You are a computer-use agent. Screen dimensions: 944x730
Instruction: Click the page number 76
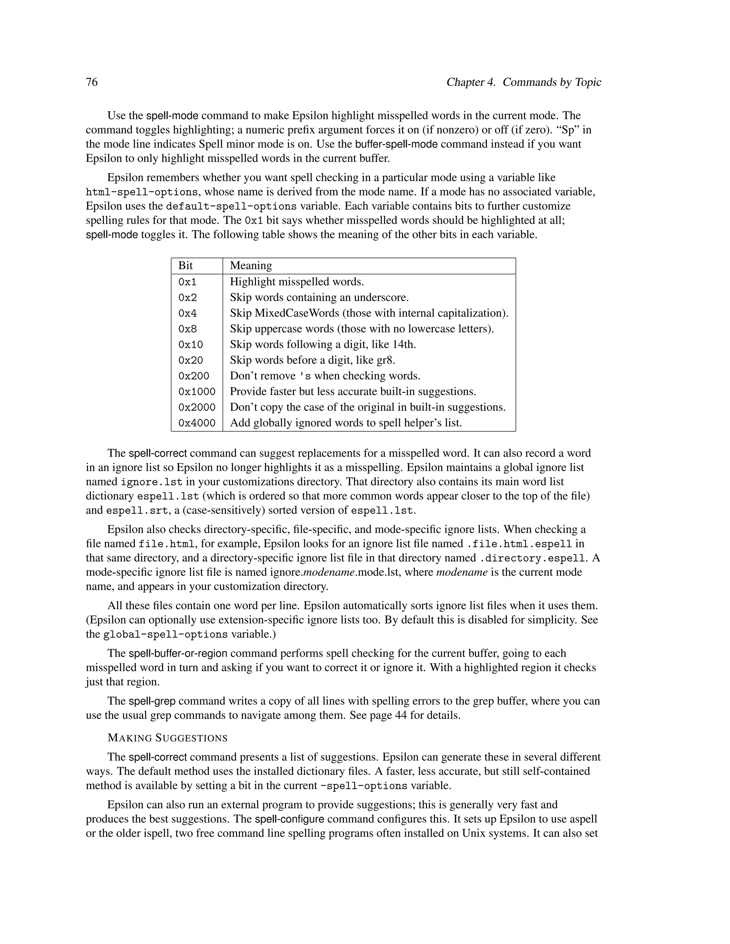(x=92, y=82)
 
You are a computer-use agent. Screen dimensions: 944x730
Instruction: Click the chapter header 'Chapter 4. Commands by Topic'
(x=524, y=82)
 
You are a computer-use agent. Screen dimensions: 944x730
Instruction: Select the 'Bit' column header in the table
(x=185, y=265)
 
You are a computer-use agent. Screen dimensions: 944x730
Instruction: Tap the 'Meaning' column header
(x=251, y=265)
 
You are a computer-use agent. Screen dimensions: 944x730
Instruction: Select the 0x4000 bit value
(x=197, y=423)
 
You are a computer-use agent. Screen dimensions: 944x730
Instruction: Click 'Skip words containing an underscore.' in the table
(x=319, y=297)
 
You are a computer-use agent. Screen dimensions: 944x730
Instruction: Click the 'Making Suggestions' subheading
(x=168, y=738)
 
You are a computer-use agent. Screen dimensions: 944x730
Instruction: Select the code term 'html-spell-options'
(x=142, y=192)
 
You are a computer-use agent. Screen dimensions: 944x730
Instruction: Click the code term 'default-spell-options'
(x=231, y=206)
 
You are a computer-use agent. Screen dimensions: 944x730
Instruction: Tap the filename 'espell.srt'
(x=137, y=510)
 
